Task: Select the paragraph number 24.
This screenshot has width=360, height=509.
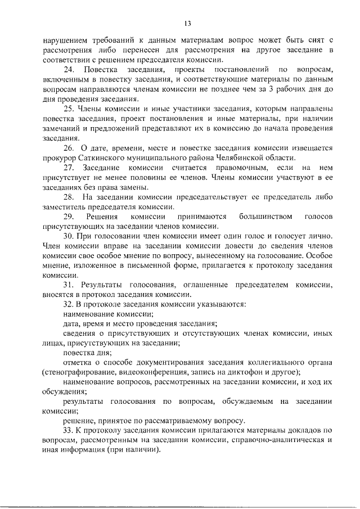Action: tap(69, 70)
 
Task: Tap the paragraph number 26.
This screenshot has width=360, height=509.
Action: tap(69, 148)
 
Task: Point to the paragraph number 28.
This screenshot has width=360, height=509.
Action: tap(69, 197)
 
